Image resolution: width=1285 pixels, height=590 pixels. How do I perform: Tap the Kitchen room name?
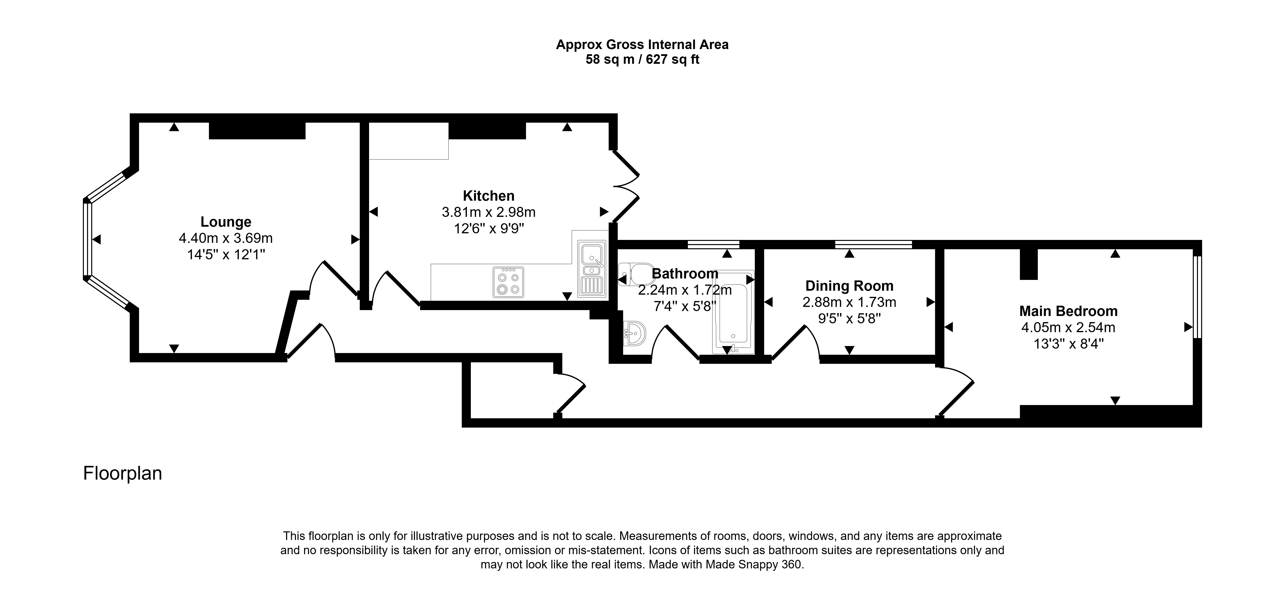pyautogui.click(x=488, y=196)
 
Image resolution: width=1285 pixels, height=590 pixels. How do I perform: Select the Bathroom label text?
pyautogui.click(x=685, y=274)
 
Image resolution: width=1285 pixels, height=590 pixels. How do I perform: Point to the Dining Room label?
pyautogui.click(x=849, y=286)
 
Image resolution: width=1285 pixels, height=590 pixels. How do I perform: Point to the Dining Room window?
pyautogui.click(x=874, y=245)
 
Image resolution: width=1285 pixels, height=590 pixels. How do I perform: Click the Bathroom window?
pyautogui.click(x=713, y=245)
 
